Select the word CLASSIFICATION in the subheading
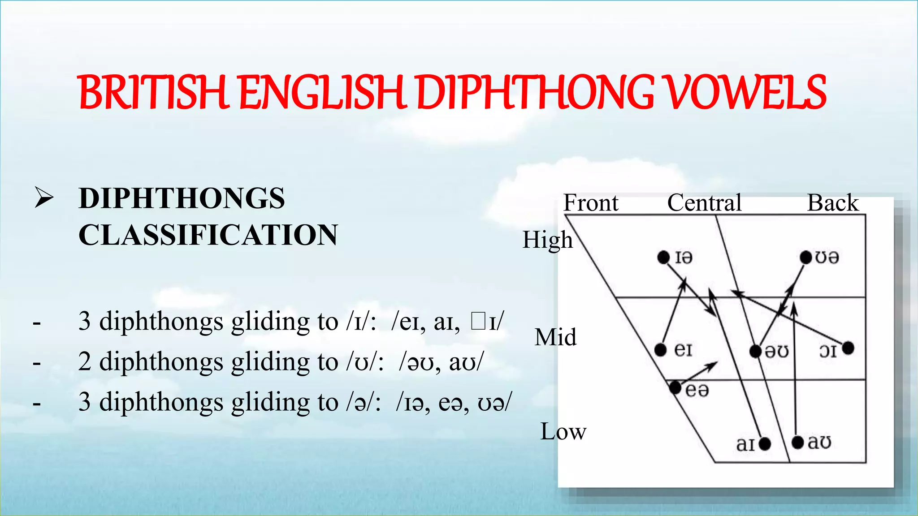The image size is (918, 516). tap(208, 235)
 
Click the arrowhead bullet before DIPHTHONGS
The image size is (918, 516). tap(44, 198)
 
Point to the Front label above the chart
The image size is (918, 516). tap(590, 202)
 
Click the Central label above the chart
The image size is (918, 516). tap(704, 202)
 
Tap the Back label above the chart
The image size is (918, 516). tap(833, 202)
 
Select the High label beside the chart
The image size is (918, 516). tap(547, 240)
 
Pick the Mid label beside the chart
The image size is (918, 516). tap(555, 337)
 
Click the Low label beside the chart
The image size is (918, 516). tap(563, 431)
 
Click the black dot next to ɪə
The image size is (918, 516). tap(663, 258)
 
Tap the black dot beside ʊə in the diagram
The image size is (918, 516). tap(806, 258)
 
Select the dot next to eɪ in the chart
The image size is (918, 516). tap(660, 349)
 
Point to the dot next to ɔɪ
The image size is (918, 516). tap(848, 348)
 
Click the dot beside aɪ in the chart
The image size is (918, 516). tap(765, 444)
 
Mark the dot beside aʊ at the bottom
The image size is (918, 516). tap(797, 443)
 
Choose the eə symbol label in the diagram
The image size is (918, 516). tap(697, 390)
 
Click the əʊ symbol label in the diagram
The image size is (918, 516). tap(777, 351)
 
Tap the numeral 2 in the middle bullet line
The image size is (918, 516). tap(84, 362)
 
